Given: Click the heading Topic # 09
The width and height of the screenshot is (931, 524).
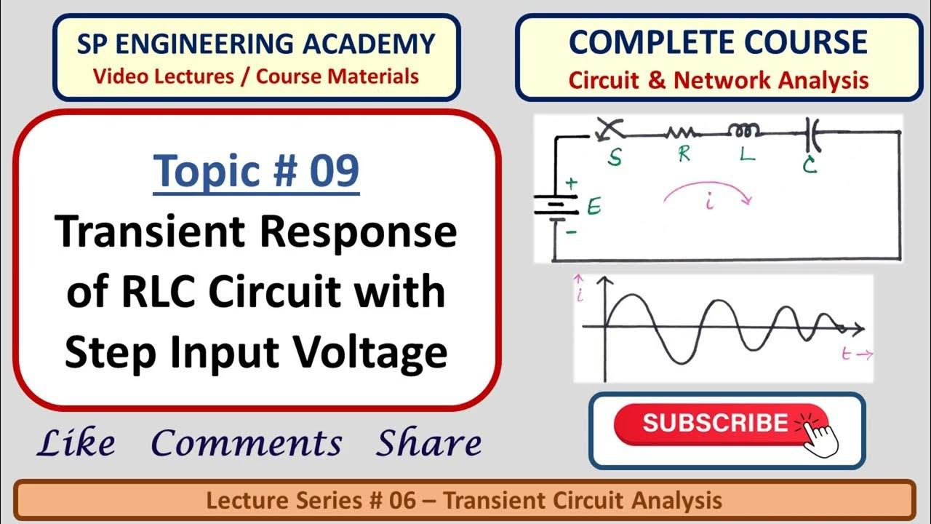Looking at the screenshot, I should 257,171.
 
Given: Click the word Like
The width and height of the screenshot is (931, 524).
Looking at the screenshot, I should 76,443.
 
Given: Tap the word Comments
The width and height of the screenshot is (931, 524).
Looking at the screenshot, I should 247,443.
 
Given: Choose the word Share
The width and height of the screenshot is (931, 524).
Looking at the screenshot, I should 428,443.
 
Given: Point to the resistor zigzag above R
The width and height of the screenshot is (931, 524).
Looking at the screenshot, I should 682,132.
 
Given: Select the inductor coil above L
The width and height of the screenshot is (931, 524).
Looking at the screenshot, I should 745,131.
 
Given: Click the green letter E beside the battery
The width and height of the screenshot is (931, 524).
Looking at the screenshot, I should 594,209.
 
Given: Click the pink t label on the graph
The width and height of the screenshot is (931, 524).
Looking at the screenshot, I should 847,354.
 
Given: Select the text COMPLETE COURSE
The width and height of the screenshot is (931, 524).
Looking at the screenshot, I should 717,42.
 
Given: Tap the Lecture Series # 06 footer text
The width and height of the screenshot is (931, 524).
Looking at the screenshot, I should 464,501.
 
